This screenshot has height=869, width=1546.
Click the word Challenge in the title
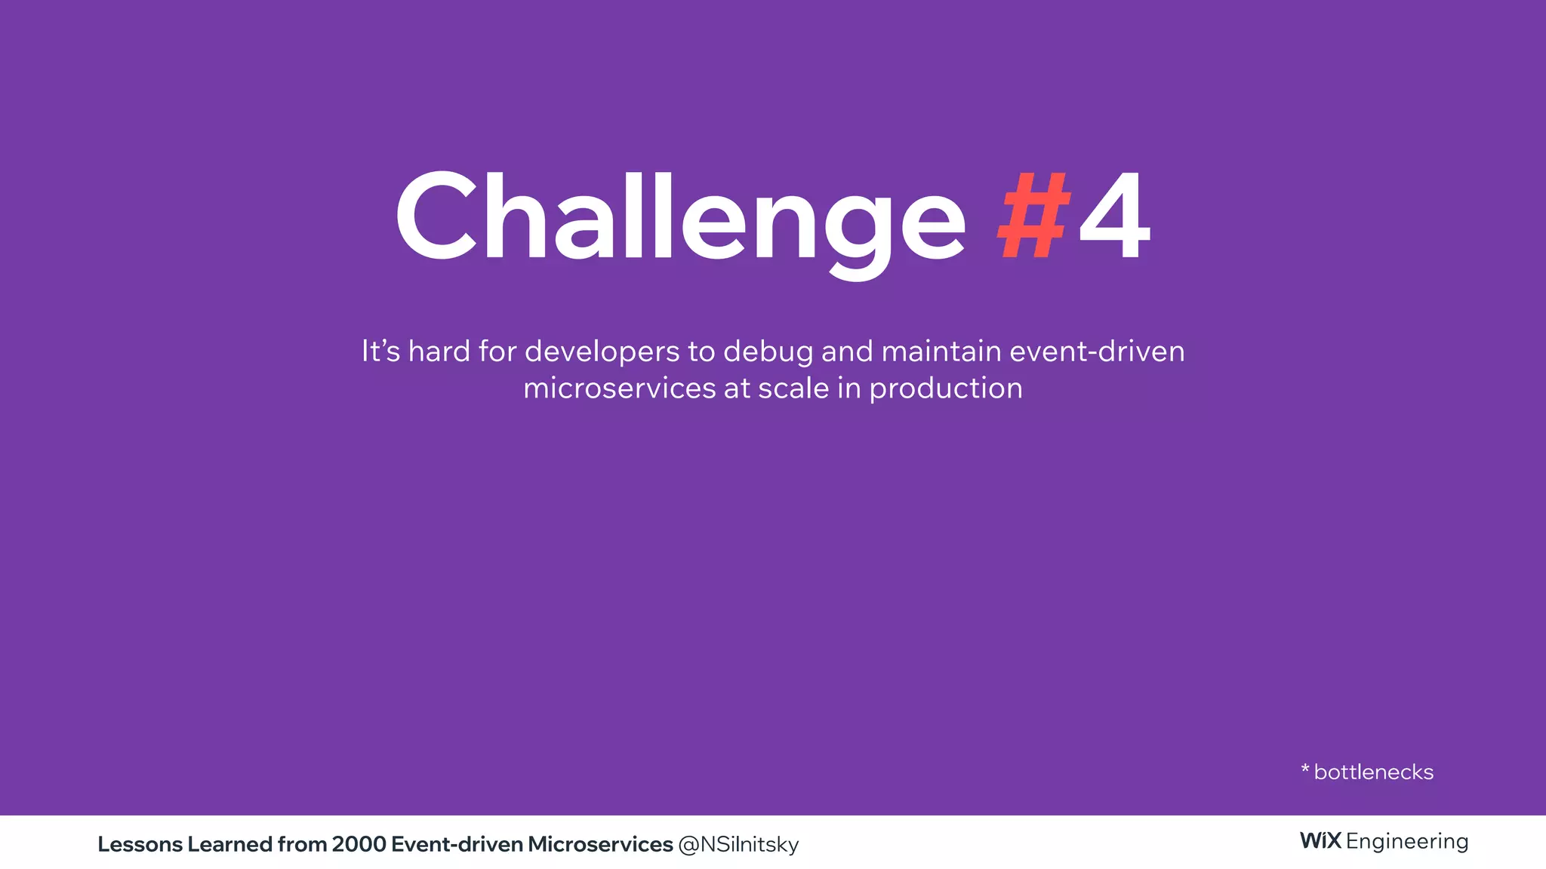click(x=679, y=219)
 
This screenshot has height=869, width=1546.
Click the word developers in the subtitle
click(x=602, y=352)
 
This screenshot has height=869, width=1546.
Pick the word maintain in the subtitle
click(x=941, y=352)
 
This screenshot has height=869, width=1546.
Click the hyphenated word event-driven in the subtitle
click(x=1097, y=352)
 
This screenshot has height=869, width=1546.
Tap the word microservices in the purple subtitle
click(x=619, y=388)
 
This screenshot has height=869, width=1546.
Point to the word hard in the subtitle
click(x=439, y=352)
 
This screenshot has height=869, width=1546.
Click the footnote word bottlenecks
click(x=1373, y=772)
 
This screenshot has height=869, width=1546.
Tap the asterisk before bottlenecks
click(x=1305, y=769)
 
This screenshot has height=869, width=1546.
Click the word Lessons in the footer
click(x=140, y=844)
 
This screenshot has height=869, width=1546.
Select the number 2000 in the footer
click(x=359, y=844)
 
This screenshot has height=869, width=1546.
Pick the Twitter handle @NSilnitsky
click(x=738, y=845)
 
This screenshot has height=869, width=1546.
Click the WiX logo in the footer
click(x=1320, y=840)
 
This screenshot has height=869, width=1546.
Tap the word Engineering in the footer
click(x=1407, y=842)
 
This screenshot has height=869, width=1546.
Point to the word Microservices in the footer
click(x=600, y=844)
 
